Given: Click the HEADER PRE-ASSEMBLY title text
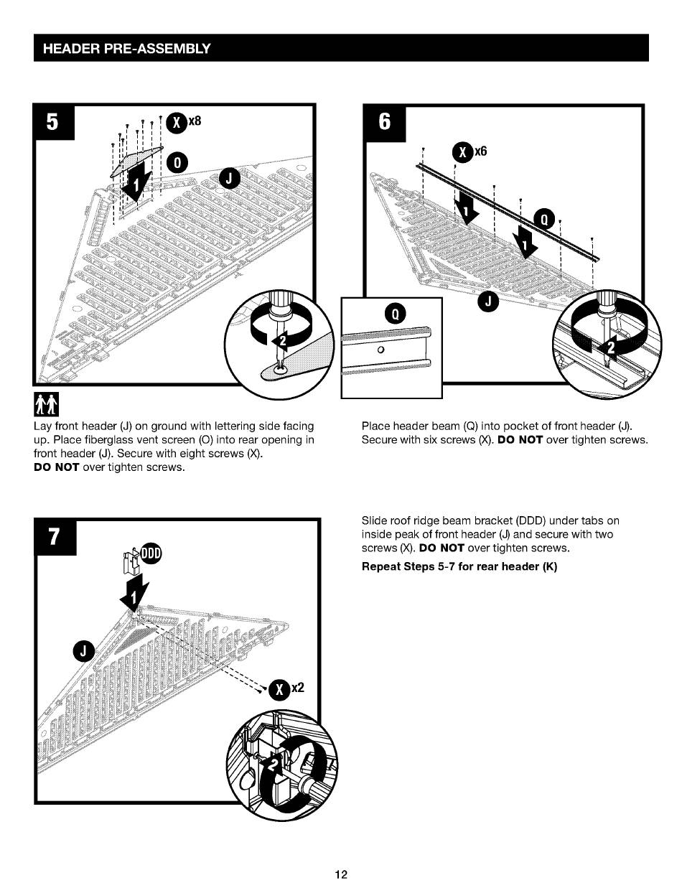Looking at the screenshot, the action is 126,49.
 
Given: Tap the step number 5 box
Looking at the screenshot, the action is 54,122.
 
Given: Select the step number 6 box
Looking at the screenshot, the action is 385,123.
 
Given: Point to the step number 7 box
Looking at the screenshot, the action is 55,536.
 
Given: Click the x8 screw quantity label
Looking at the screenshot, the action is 195,121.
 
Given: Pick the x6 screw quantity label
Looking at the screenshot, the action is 480,151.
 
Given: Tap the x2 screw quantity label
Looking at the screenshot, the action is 298,688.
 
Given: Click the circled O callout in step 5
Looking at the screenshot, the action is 177,163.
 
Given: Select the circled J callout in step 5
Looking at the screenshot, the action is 229,178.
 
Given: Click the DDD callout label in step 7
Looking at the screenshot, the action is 151,553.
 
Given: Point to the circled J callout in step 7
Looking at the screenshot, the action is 84,651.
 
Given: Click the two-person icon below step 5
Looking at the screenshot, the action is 46,404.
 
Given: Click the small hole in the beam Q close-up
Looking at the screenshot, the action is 380,350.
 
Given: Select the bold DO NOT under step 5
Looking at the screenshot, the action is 57,467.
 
